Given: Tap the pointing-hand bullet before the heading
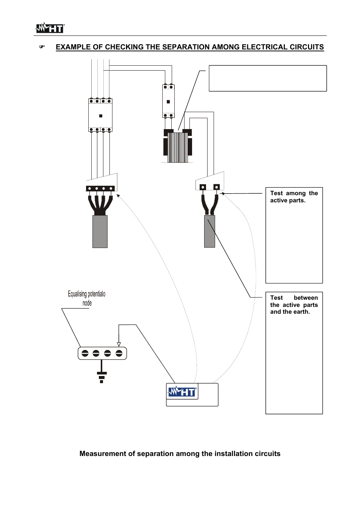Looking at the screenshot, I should pos(42,47).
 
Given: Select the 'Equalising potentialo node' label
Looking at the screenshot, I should pos(87,298).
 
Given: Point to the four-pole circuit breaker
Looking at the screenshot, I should pos(100,115).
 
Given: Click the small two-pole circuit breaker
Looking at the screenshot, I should pos(168,101).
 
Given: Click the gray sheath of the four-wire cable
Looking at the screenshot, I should pos(100,231).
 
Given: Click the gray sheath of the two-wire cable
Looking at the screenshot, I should pos(209,231).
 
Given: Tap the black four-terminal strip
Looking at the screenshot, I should pos(100,188).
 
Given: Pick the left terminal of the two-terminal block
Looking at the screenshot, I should pos(203,187).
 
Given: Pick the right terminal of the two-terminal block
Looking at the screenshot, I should pos(216,187).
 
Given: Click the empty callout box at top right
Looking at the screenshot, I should pos(268,78).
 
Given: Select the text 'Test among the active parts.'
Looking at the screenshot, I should pos(294,197).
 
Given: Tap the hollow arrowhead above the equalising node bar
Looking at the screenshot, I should pos(119,344).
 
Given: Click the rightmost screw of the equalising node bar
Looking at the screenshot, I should pos(119,353).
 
